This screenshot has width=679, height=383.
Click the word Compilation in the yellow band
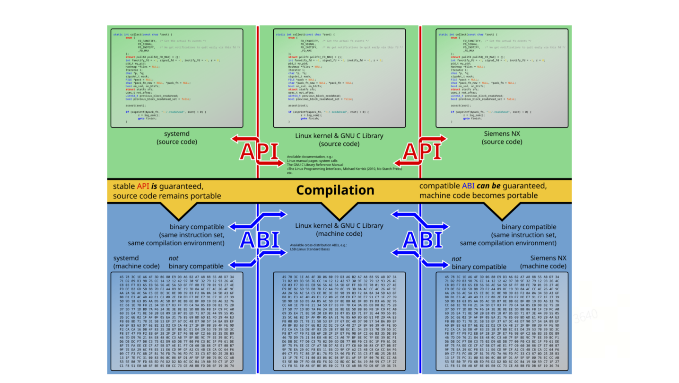335,190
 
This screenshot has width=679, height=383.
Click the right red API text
421,151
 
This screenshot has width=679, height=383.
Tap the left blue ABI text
260,240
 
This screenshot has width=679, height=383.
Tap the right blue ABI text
422,240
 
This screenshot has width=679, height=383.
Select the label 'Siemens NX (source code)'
502,137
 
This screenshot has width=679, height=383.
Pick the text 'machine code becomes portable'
478,196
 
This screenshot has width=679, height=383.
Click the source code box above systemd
177,78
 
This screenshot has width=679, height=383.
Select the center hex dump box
339,321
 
